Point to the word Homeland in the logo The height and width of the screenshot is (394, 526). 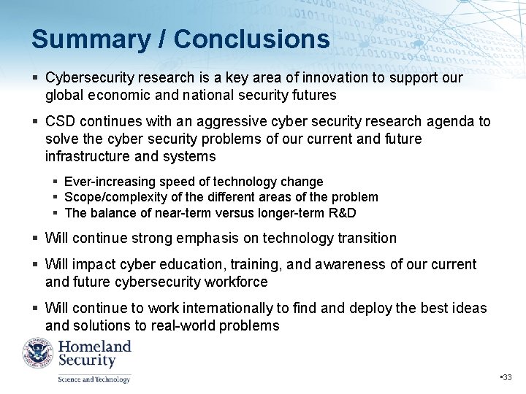[94, 347]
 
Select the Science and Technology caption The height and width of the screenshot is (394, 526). [94, 379]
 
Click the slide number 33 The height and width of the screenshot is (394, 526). [507, 377]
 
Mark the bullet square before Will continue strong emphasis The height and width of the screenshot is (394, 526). [35, 239]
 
